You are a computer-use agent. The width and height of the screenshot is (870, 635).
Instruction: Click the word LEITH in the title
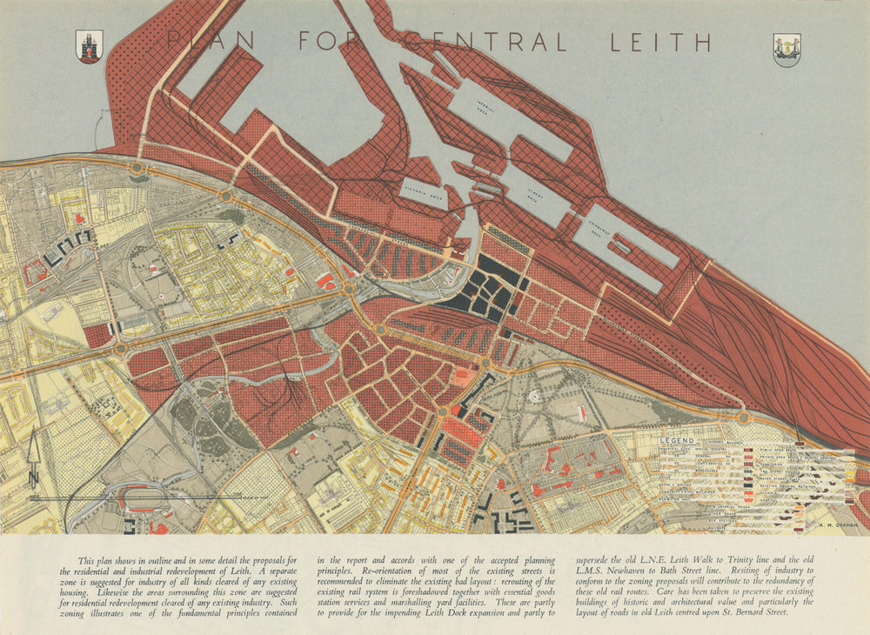coord(660,41)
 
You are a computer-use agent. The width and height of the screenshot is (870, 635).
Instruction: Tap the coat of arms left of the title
coord(89,47)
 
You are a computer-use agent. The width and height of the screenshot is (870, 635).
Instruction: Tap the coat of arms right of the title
coord(786,50)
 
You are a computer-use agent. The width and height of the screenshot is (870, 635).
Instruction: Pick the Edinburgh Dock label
coord(624,231)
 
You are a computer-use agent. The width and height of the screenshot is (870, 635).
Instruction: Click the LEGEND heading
coord(677,441)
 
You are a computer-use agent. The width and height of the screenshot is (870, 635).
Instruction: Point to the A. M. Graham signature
coord(837,525)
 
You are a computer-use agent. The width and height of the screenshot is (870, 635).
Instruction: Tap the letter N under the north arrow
coord(33,478)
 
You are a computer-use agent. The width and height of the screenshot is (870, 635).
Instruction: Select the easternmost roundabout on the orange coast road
coord(744,418)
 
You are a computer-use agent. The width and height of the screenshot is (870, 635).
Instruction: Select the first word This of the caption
coord(87,562)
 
